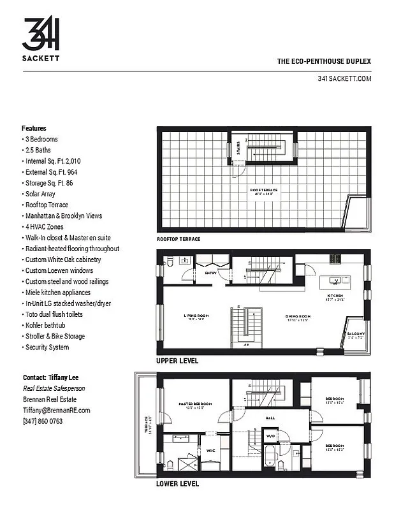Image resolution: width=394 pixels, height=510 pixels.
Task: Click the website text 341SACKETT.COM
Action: click(344, 78)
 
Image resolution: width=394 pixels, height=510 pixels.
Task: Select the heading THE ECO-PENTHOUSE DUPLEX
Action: click(324, 62)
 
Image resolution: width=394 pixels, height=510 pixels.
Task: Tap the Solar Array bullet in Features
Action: click(39, 194)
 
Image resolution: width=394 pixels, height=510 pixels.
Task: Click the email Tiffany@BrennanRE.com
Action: click(56, 411)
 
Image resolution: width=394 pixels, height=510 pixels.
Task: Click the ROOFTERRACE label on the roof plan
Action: click(263, 190)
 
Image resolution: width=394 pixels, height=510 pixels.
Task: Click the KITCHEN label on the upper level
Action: click(336, 296)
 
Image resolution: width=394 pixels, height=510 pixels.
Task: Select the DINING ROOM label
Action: click(296, 316)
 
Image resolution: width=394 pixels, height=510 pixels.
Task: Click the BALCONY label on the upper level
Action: click(356, 334)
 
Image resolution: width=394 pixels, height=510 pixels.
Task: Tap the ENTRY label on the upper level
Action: click(211, 273)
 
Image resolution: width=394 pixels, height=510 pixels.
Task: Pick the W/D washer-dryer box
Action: click(270, 437)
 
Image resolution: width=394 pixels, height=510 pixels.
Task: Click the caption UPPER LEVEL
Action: click(177, 361)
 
